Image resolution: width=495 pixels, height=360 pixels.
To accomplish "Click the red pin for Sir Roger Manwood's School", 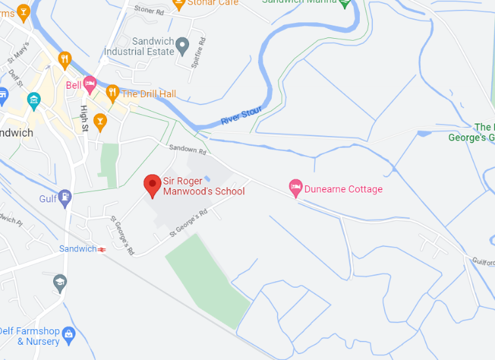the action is (x=153, y=185).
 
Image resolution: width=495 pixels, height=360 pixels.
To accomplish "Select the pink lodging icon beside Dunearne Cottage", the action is (x=295, y=188).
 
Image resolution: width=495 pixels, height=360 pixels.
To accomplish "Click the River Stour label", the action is (x=242, y=116).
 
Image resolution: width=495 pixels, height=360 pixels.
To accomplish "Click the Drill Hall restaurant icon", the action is (x=112, y=92).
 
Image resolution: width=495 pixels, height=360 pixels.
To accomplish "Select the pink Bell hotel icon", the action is (x=90, y=84).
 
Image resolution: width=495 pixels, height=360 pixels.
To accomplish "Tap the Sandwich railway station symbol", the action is (x=102, y=249).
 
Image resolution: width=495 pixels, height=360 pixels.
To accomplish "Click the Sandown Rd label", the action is (x=187, y=150).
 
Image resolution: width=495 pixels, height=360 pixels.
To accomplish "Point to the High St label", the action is (x=84, y=118).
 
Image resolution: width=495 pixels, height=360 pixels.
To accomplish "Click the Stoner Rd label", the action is (x=148, y=10).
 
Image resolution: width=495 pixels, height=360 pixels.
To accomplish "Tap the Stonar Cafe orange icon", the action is (x=178, y=4).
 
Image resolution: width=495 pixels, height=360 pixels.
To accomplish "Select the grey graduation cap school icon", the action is (x=60, y=282).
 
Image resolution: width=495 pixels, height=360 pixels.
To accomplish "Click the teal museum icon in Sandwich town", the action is (x=33, y=100).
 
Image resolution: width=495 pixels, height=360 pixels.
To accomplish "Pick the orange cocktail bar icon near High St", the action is (x=100, y=122).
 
